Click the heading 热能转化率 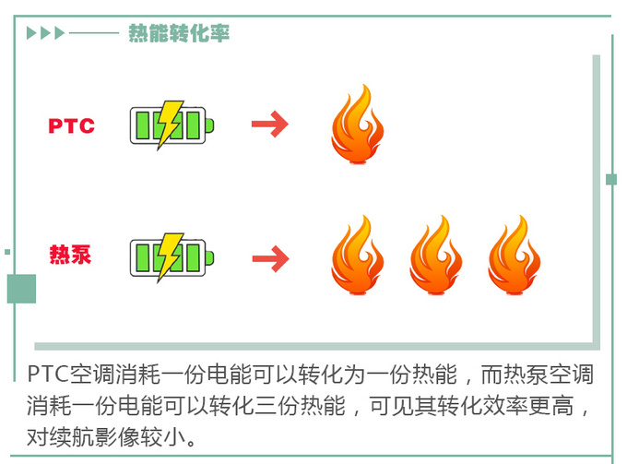pyautogui.click(x=178, y=34)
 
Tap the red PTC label pyautogui.click(x=72, y=126)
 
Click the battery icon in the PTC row pyautogui.click(x=171, y=125)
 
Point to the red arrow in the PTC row pyautogui.click(x=270, y=125)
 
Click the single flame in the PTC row pyautogui.click(x=356, y=125)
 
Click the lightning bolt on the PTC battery pyautogui.click(x=168, y=125)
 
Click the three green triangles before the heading pyautogui.click(x=46, y=34)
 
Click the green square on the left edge pyautogui.click(x=21, y=289)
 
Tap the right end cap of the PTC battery pyautogui.click(x=212, y=125)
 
